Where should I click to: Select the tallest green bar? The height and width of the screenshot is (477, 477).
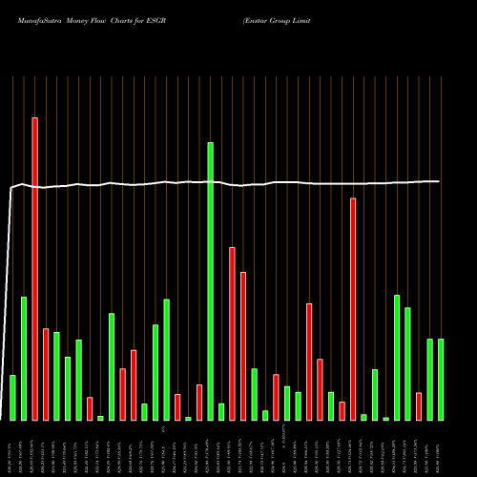point(210,281)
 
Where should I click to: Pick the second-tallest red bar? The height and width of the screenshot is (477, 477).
point(353,309)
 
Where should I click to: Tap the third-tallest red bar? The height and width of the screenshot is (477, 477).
point(232,334)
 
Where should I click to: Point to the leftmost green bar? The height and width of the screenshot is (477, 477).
point(12,398)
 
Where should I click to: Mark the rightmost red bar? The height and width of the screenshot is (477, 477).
point(418,406)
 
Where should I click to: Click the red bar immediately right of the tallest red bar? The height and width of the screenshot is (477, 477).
point(46,374)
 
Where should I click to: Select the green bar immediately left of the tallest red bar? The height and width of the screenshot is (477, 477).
point(24,359)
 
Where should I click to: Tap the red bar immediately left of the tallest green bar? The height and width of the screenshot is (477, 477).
point(199,403)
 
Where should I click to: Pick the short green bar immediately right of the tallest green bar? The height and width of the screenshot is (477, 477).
point(221,412)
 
